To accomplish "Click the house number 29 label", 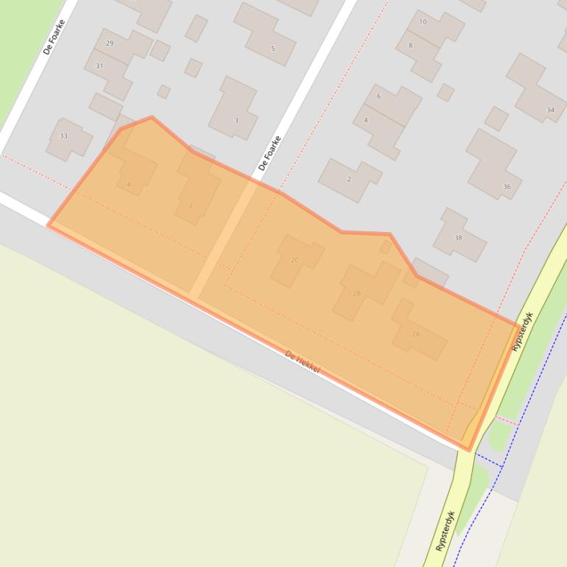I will pyautogui.click(x=110, y=43).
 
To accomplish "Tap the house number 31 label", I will pyautogui.click(x=99, y=66).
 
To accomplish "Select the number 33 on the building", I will pyautogui.click(x=63, y=136).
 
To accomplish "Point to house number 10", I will pyautogui.click(x=423, y=22).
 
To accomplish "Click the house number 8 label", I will pyautogui.click(x=411, y=46).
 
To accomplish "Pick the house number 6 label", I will pyautogui.click(x=378, y=96).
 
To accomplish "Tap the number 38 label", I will pyautogui.click(x=458, y=238).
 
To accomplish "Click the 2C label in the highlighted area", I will pyautogui.click(x=295, y=261).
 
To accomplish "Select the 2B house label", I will pyautogui.click(x=356, y=294).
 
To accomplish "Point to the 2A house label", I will pyautogui.click(x=415, y=334).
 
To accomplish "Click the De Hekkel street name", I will pyautogui.click(x=303, y=362).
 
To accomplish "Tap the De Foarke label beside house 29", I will pyautogui.click(x=54, y=37).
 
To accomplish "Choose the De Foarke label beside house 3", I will pyautogui.click(x=270, y=153).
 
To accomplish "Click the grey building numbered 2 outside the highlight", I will pyautogui.click(x=350, y=179).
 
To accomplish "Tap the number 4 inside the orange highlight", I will pyautogui.click(x=129, y=185).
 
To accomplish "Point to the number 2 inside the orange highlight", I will pyautogui.click(x=191, y=205).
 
